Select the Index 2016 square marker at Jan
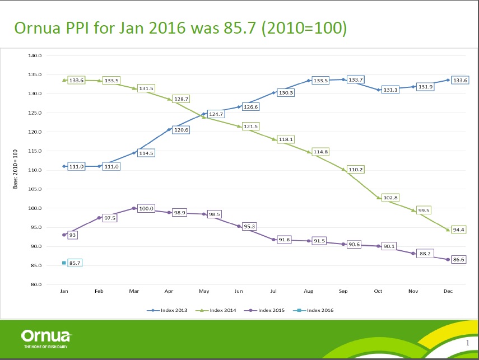[x=64, y=263]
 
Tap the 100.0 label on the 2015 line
[x=147, y=208]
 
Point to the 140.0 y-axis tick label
[x=35, y=55]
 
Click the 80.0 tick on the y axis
[x=36, y=285]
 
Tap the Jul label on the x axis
[x=273, y=292]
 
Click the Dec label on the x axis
[x=448, y=292]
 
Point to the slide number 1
[x=467, y=342]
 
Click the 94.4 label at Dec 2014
[x=460, y=230]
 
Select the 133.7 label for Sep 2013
[x=356, y=80]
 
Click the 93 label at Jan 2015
[x=73, y=235]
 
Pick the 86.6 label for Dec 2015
[x=460, y=260]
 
